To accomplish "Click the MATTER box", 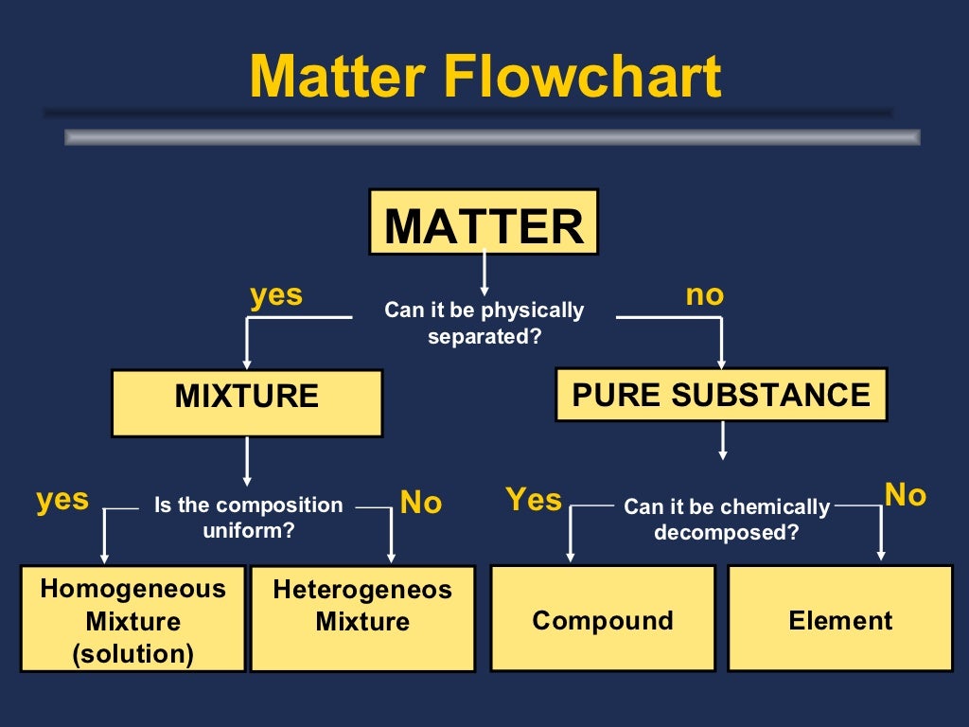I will [484, 222].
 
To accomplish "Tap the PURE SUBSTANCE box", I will [721, 395].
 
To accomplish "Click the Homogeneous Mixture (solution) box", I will [133, 619].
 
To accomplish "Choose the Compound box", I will [603, 619].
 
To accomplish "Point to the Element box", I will [840, 619].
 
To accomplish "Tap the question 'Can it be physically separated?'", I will [484, 323].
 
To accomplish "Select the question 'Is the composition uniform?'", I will [248, 517].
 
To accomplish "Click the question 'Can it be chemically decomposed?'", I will [726, 520].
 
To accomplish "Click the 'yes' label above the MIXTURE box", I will [276, 294].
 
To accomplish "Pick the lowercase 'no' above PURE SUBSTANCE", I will [704, 294].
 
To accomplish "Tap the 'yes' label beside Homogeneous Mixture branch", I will [62, 499].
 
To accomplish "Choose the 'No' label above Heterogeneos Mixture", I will [421, 503].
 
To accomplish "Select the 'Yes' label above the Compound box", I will [534, 499].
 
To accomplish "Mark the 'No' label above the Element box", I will [905, 494].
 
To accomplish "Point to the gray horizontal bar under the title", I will [492, 137].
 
